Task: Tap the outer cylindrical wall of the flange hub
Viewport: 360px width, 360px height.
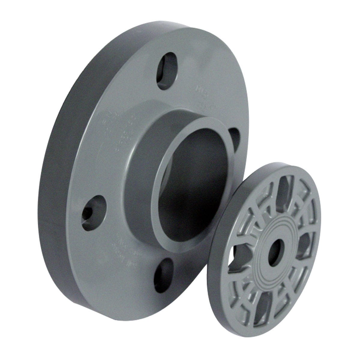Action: (x=141, y=156)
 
